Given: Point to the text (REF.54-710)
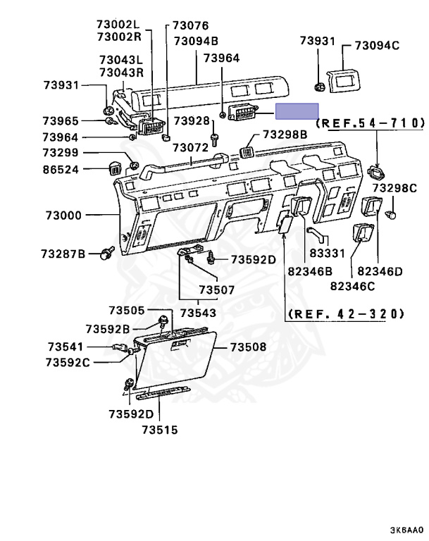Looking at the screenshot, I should pos(371,123).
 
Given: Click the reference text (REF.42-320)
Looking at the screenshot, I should pos(346,313).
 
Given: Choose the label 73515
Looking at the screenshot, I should pos(158,429).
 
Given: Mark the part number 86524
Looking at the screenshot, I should pos(61,169).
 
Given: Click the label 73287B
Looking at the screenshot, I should pos(63,252).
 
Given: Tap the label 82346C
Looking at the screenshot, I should pos(352,285).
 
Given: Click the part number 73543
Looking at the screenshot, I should pos(198,312).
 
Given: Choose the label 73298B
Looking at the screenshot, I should pos(285,135).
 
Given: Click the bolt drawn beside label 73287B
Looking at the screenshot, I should pos(107,251).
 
